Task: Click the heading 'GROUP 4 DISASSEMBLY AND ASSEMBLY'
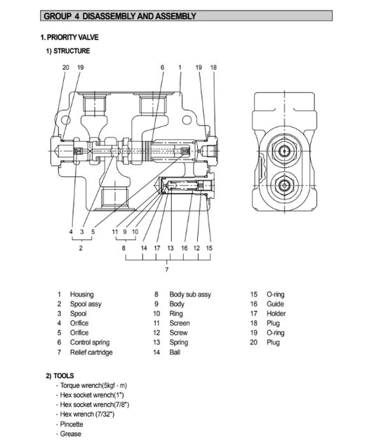(x=120, y=16)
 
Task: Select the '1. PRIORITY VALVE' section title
(x=69, y=37)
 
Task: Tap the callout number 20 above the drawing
(x=66, y=67)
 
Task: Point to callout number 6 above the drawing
(x=162, y=67)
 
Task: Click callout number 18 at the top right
(x=213, y=67)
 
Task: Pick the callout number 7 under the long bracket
(x=167, y=269)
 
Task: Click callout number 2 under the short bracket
(x=81, y=248)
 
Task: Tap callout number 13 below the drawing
(x=171, y=248)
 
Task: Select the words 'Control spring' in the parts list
(x=90, y=342)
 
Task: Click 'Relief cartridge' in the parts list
(x=91, y=352)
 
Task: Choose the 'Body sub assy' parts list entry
(x=190, y=294)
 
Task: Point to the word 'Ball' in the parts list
(x=175, y=352)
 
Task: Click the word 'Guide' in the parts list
(x=275, y=304)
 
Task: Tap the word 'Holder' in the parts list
(x=276, y=314)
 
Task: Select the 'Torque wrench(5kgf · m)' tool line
(x=93, y=386)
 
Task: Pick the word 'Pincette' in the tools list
(x=72, y=424)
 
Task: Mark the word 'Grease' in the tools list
(x=70, y=433)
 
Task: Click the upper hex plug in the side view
(x=283, y=151)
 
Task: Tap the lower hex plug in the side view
(x=283, y=185)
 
